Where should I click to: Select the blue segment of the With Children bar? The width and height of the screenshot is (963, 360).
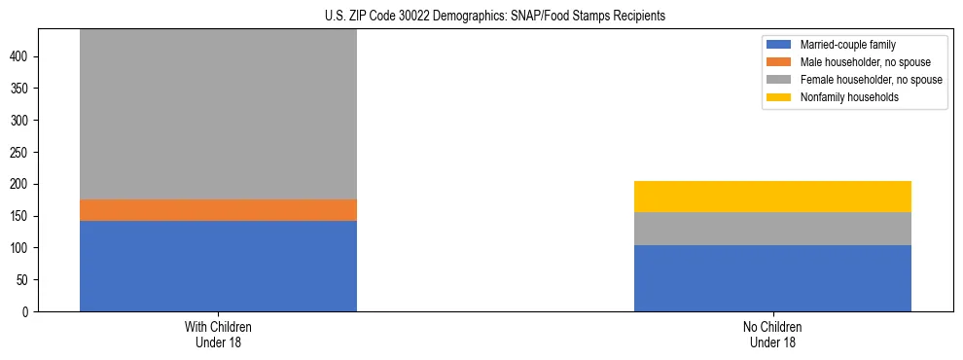pos(218,266)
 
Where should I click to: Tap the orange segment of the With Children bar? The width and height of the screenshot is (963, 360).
pos(218,210)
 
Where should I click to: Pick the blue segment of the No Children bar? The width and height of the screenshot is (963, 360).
pos(772,278)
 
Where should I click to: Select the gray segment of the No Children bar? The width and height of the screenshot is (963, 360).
pos(772,229)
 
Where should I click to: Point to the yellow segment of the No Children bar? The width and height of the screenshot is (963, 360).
pos(772,197)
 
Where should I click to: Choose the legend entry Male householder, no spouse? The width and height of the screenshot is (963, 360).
pos(857,62)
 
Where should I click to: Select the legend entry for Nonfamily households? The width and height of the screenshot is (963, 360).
pos(842,97)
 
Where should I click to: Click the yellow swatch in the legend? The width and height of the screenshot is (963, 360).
pos(780,97)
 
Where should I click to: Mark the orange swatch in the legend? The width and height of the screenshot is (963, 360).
pos(780,62)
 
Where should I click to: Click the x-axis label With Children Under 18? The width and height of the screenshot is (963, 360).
pos(218,334)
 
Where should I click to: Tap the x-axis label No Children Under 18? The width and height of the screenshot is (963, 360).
pos(772,334)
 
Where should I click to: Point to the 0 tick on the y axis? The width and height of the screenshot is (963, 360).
pos(28,312)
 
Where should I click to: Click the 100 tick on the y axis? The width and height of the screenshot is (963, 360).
pos(22,248)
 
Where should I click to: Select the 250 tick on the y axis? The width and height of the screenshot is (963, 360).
pos(22,153)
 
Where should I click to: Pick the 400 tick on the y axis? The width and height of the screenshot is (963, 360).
pos(22,57)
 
